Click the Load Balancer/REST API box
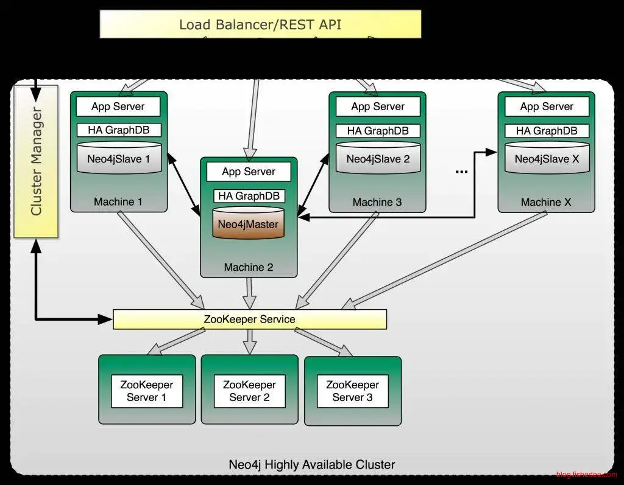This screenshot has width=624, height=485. (x=260, y=24)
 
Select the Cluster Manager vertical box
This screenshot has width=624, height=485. (x=36, y=161)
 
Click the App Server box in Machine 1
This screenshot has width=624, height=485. (x=118, y=106)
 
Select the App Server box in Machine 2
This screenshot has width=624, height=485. (x=249, y=172)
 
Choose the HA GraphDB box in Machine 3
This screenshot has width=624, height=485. (x=378, y=130)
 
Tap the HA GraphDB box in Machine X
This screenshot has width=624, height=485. (x=547, y=130)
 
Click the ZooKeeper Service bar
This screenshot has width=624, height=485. (x=250, y=319)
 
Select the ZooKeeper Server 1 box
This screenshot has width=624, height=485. (x=147, y=391)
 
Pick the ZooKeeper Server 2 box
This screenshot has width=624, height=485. (x=249, y=391)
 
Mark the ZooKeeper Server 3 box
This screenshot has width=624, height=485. (x=352, y=391)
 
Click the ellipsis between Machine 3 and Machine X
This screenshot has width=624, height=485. (x=461, y=172)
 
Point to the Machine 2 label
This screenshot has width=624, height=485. (x=249, y=267)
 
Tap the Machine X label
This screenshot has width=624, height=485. (x=546, y=201)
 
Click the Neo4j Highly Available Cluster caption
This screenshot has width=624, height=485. (x=312, y=464)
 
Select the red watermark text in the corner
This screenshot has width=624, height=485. (x=586, y=475)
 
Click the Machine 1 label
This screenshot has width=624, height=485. (x=118, y=201)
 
